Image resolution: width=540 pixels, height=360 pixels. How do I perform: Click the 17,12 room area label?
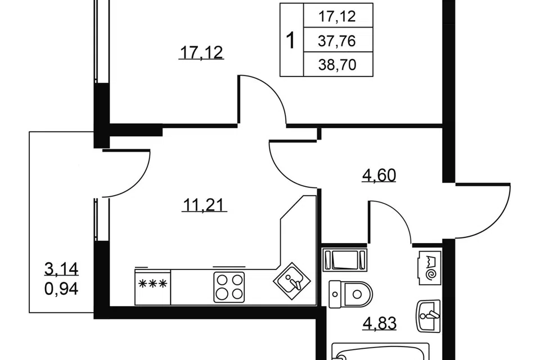point(201,53)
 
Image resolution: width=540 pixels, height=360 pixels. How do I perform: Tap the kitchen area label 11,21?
point(204,205)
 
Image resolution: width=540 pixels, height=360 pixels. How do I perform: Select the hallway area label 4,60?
point(379,175)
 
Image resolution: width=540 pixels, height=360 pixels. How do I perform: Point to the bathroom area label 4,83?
point(380,323)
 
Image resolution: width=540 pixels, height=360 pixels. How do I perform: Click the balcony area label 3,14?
point(61,269)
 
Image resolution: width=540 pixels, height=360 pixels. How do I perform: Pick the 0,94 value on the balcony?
point(61,289)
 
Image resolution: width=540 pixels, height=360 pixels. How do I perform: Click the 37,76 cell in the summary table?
point(337,41)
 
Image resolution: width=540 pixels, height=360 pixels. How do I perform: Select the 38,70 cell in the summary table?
point(337,65)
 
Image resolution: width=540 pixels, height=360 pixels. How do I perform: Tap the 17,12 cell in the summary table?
point(337,16)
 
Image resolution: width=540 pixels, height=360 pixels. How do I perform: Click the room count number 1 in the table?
point(291,40)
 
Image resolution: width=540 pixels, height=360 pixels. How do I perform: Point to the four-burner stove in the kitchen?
point(229,287)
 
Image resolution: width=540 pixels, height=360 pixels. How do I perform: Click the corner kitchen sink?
point(292,281)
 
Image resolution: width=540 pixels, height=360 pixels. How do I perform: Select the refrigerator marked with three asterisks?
point(152,287)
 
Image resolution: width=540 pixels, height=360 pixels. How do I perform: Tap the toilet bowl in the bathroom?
point(350,294)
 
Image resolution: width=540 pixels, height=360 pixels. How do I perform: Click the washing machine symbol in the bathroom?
point(430,268)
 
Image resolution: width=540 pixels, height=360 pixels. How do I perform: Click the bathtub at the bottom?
point(381,352)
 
